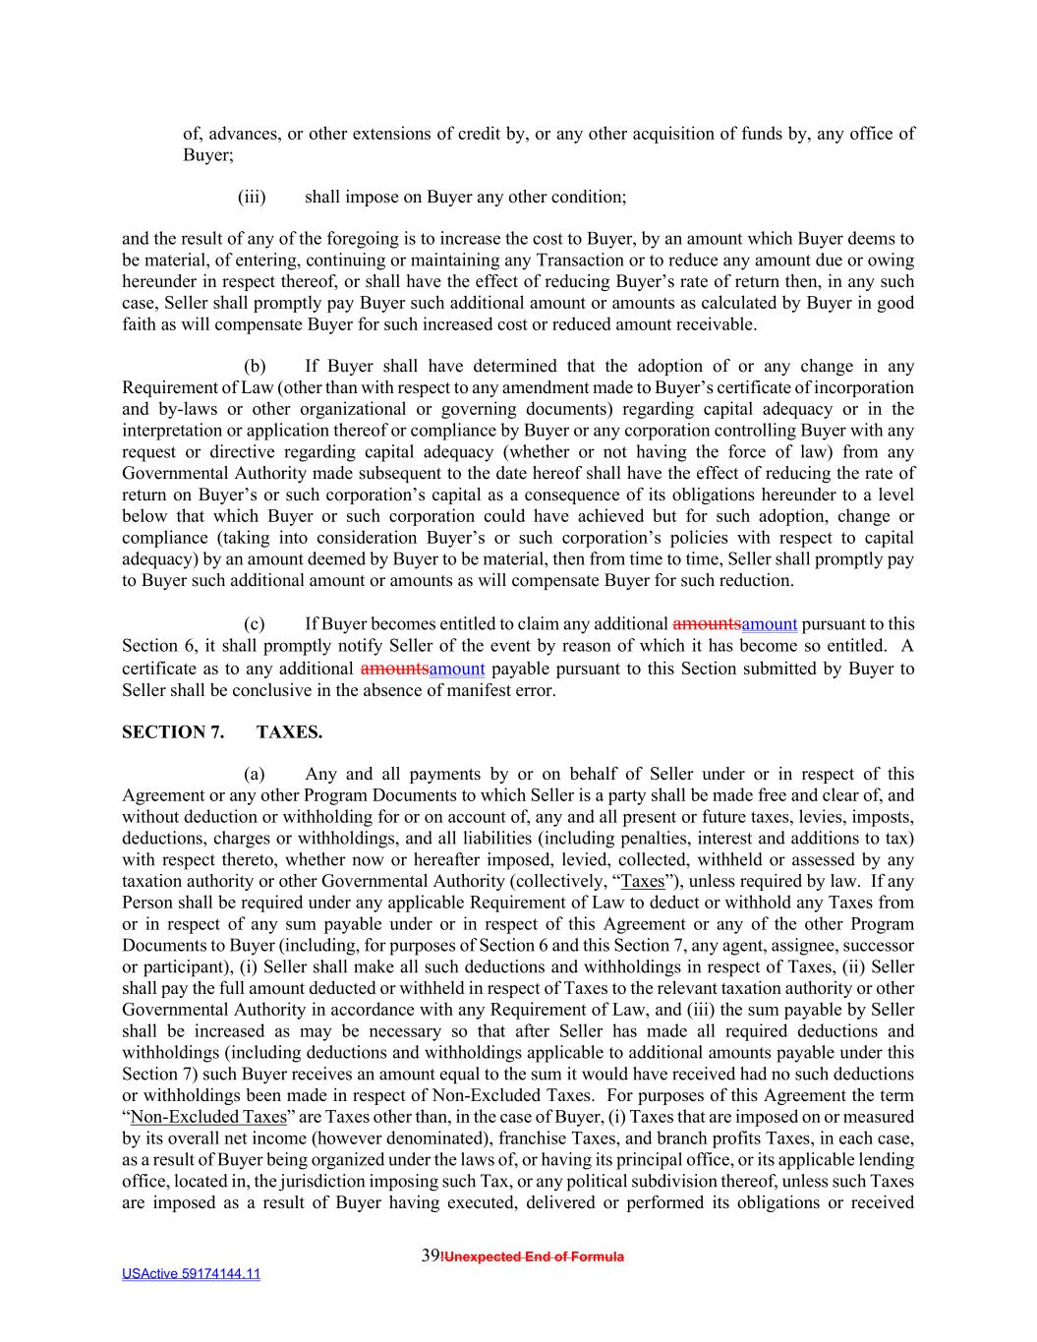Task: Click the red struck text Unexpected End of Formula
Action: [534, 1256]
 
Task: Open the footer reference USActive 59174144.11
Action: [191, 1274]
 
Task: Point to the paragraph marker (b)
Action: [255, 367]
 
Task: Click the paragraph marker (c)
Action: [255, 624]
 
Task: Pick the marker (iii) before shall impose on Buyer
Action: [252, 197]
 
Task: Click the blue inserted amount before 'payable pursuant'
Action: [456, 670]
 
